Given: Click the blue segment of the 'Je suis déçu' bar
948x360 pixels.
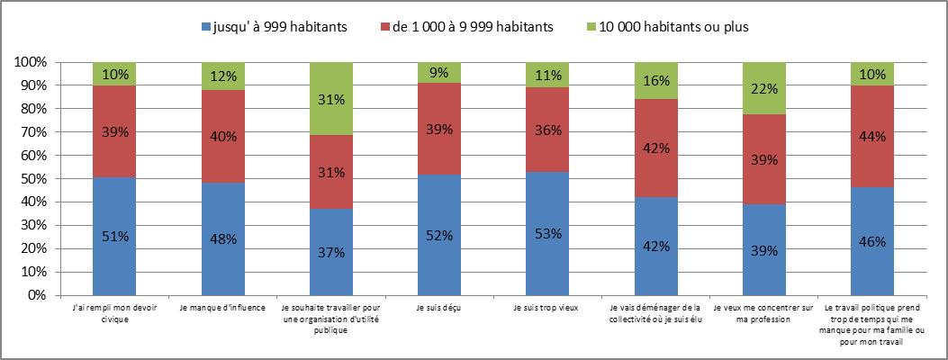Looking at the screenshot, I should pos(439,234).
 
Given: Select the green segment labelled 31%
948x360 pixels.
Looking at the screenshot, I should pos(331,99).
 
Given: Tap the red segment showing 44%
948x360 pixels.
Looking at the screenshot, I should pos(872,136).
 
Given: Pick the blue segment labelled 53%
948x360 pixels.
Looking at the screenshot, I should pos(548,233).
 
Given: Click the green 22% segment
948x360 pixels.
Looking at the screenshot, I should pos(764,88).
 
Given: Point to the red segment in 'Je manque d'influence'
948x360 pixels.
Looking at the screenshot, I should pos(223,137).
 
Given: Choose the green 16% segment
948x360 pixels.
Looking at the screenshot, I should pos(656,81).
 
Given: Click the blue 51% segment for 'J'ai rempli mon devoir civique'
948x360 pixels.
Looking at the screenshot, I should pos(114,236).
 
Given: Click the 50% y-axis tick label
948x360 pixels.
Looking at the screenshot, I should pos(37,178).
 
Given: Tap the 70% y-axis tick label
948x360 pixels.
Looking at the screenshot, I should pos(37,132).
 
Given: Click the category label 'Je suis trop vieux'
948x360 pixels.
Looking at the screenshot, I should pos(547,310).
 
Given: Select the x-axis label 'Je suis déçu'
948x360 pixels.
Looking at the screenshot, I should pos(439,310).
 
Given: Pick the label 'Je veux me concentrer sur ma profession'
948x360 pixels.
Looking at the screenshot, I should pos(764,314).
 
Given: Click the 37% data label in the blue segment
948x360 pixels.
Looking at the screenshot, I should pos(331,251).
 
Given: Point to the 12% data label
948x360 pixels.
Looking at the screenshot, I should pos(223,76).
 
